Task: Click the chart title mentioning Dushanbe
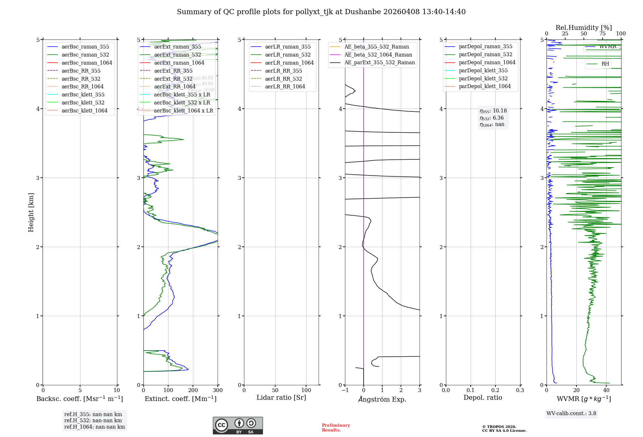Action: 321,12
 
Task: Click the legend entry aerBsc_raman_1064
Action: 87,63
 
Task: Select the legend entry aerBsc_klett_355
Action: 83,94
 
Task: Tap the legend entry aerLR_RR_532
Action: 283,79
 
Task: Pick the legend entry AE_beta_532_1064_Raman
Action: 378,55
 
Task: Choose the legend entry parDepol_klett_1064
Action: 485,86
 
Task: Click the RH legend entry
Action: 605,64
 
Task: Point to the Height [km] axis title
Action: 31,212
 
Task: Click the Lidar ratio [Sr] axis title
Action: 281,397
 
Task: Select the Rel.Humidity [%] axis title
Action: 584,28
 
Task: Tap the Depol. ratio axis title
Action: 483,397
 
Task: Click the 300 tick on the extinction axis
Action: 218,390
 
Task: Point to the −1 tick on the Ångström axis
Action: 345,390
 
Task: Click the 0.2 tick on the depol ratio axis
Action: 495,390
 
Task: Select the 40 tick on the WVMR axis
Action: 606,390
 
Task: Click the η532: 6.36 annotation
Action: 492,118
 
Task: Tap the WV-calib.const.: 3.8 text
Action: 571,414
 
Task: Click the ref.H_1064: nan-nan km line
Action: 95,427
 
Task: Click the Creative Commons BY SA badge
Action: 238,425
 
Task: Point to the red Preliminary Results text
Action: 336,428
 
